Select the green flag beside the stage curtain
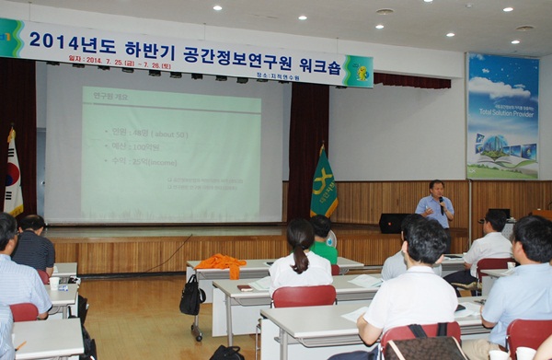coord(323,184)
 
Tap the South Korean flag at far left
coord(13,175)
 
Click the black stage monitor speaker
coord(394,223)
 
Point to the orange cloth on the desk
coord(222,262)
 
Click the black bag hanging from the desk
coord(192,297)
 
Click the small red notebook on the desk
coord(245,287)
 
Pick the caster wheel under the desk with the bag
coord(197,337)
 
